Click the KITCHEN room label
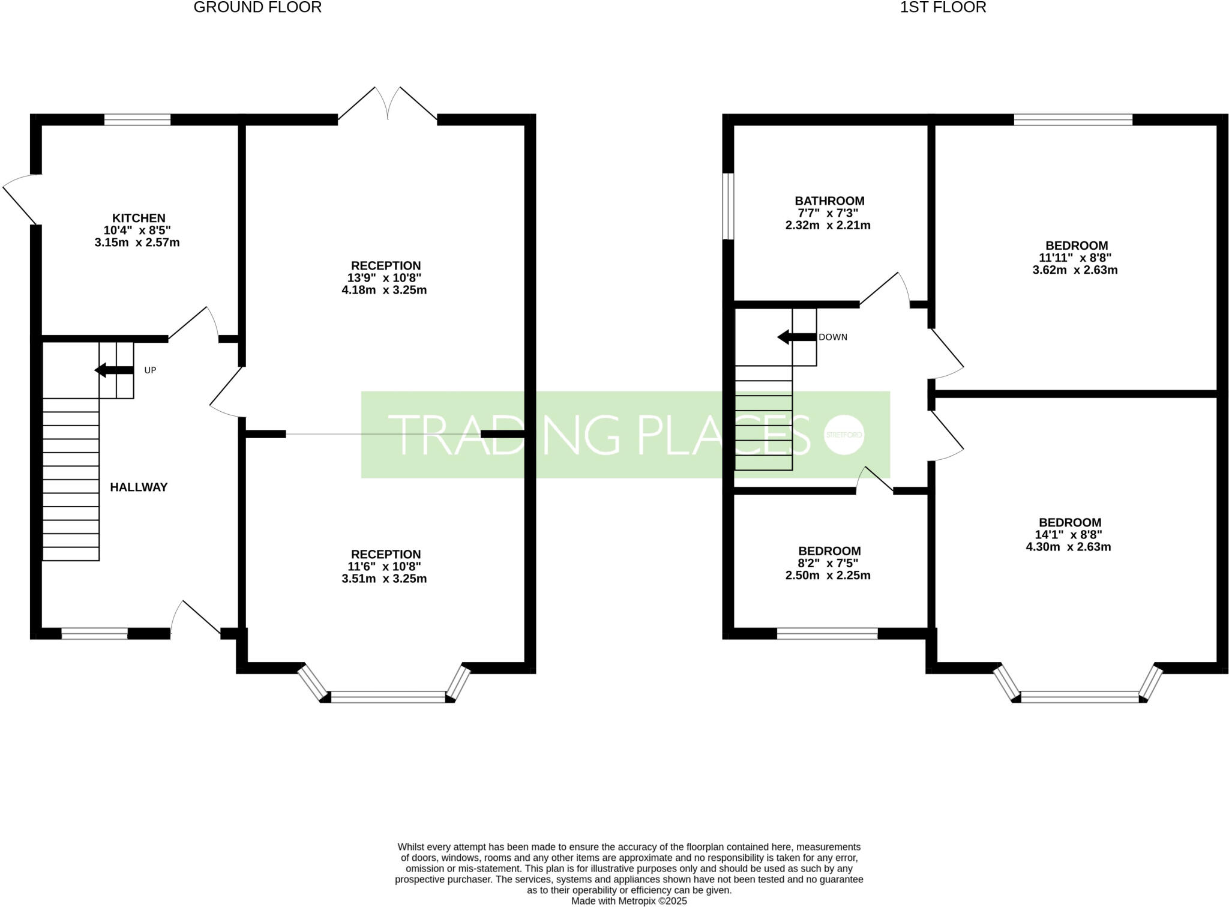click(x=139, y=218)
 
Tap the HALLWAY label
click(x=139, y=487)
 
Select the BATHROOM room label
click(x=829, y=201)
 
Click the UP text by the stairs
click(x=150, y=370)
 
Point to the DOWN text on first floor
click(x=833, y=337)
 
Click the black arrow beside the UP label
click(x=114, y=370)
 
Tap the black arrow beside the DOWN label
click(x=796, y=337)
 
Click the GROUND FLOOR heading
click(x=257, y=8)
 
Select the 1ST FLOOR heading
click(x=943, y=8)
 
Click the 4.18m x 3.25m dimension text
click(x=384, y=291)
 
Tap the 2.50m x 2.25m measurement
click(x=828, y=576)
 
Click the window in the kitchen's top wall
click(x=137, y=119)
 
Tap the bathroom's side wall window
click(x=728, y=206)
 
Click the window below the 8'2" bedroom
click(x=827, y=633)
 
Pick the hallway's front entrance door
click(x=195, y=618)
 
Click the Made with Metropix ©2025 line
click(x=628, y=901)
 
